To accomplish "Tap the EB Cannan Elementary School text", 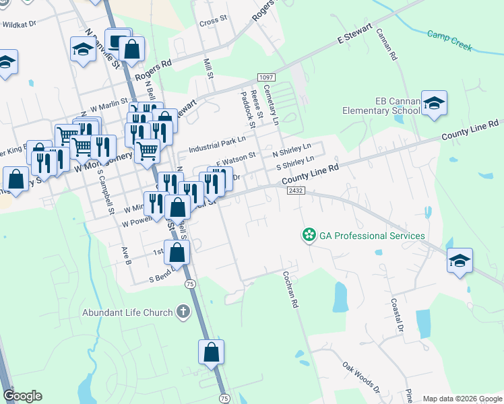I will click(x=381, y=106).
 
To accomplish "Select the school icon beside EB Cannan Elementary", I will click(x=435, y=104).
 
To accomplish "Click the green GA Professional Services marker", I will click(x=309, y=235).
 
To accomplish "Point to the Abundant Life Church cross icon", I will click(x=181, y=311).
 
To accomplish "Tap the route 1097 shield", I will click(x=265, y=79).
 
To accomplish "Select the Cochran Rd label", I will click(x=290, y=290).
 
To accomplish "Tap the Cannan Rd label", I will click(x=386, y=45).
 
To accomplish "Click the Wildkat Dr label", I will click(x=18, y=24).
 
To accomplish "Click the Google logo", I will click(x=22, y=395).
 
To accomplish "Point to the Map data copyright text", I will click(x=462, y=399).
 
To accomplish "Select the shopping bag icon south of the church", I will click(x=211, y=352).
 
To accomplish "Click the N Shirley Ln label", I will click(x=291, y=148).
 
